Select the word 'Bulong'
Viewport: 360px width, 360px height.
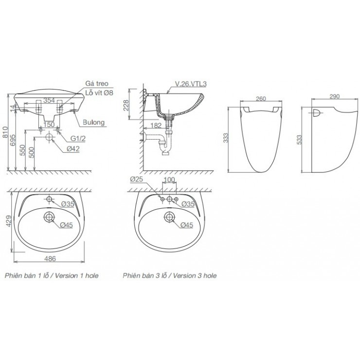click(94, 123)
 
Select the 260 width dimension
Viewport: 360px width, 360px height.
click(261, 99)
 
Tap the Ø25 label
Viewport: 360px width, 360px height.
click(136, 180)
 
